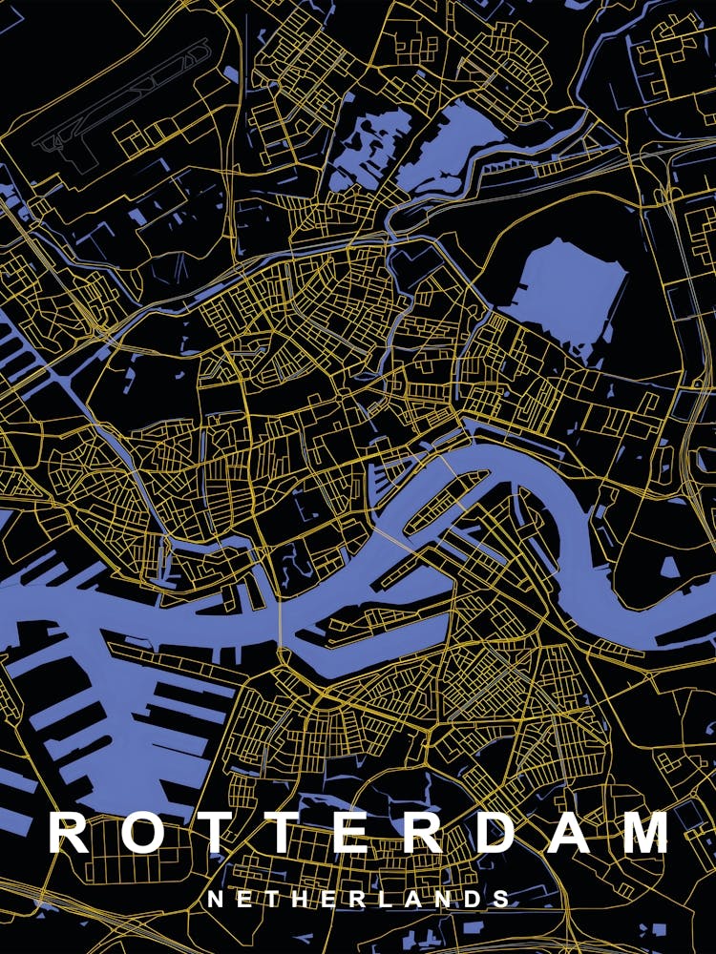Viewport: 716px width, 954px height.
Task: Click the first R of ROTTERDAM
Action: [69, 833]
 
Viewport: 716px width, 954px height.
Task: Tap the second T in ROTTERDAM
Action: [287, 833]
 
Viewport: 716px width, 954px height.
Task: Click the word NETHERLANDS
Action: [358, 900]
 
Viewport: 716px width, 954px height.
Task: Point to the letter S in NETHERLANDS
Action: [498, 900]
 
